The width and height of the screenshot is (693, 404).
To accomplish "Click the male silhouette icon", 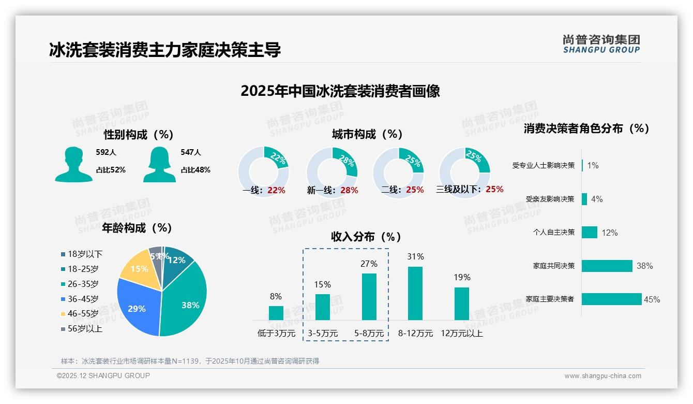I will click(x=73, y=164).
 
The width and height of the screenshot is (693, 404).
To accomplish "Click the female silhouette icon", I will click(x=159, y=164).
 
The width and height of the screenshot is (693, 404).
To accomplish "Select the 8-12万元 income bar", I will click(x=415, y=293).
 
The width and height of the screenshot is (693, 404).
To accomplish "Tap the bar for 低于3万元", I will click(x=276, y=313).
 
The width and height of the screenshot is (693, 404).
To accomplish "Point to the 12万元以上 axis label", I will click(x=461, y=334).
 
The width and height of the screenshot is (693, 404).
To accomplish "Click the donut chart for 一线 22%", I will click(x=264, y=171).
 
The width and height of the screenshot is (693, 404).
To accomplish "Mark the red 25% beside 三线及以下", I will click(x=494, y=189).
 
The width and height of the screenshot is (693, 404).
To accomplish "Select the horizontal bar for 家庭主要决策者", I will click(x=611, y=299).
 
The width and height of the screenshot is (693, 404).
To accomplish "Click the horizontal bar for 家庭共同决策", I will click(x=607, y=266).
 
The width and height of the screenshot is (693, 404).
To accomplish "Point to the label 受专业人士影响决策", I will click(x=543, y=166).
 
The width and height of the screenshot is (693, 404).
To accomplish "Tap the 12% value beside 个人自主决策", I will click(x=609, y=233).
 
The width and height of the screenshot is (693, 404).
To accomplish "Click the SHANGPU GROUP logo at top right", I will click(x=601, y=44).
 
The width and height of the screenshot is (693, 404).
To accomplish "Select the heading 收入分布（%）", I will click(x=366, y=237).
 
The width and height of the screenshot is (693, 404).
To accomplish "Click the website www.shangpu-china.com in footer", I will click(x=602, y=376).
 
